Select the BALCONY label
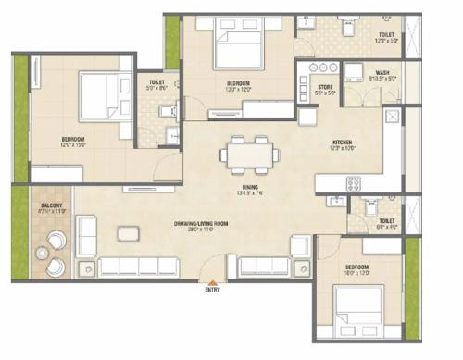point(51,205)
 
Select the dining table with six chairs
point(250,155)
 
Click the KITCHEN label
point(342,141)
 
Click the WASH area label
point(382,73)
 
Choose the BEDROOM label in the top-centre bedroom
point(239,84)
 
